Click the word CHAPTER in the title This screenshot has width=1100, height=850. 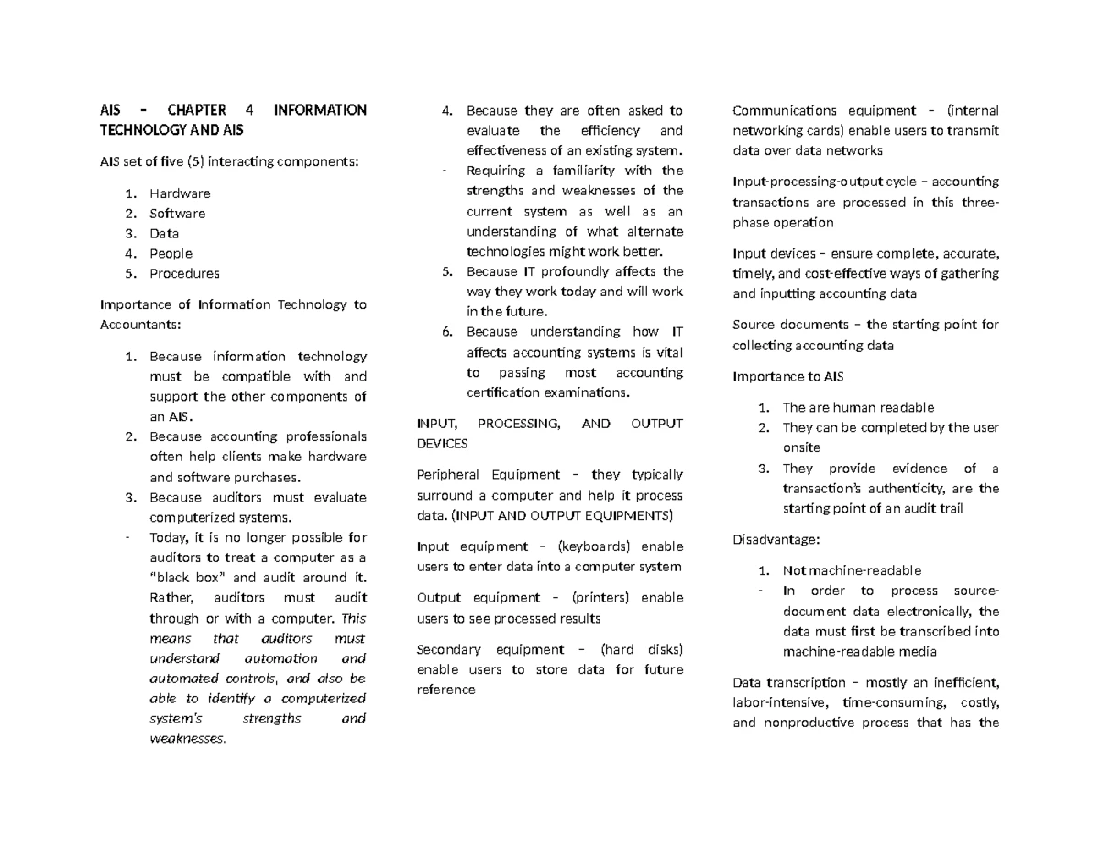tap(194, 110)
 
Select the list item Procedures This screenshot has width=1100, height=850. tap(184, 273)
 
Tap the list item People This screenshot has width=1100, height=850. tap(170, 253)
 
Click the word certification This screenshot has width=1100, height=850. tap(503, 392)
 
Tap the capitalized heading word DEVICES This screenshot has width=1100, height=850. tap(442, 444)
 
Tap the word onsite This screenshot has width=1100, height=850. tap(802, 447)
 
